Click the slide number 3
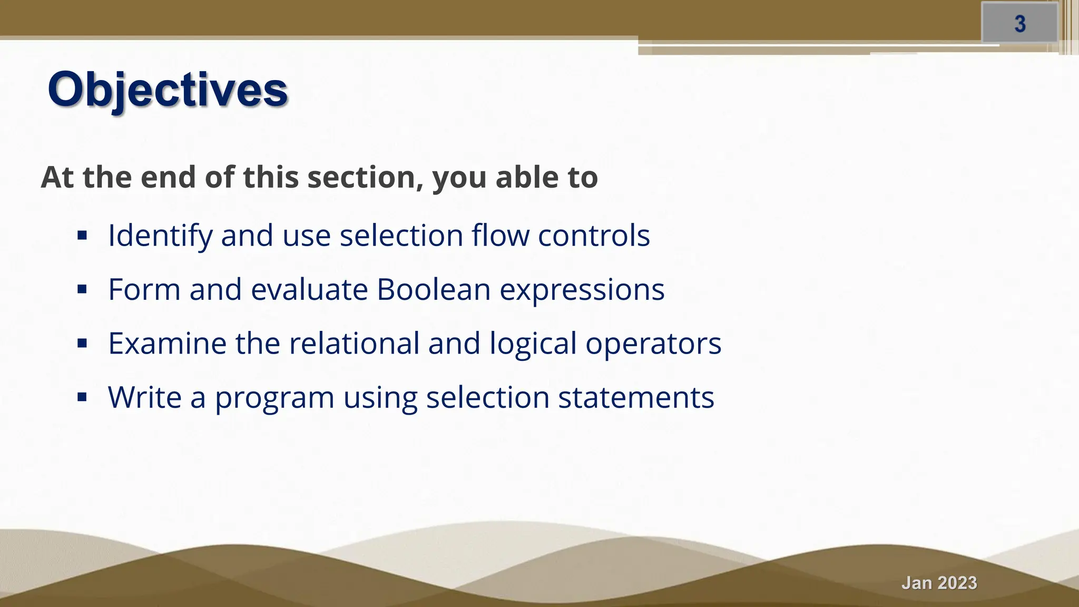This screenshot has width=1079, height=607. tap(1020, 24)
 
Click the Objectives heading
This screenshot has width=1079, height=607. tap(168, 90)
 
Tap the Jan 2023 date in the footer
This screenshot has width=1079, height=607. tap(939, 583)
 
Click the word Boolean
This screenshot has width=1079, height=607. tap(434, 289)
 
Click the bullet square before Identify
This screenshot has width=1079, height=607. tap(82, 235)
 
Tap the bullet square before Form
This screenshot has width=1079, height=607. tap(82, 289)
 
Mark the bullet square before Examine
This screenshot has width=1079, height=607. tap(82, 344)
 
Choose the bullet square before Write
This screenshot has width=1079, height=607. tap(82, 397)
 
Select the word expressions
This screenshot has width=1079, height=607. tap(582, 290)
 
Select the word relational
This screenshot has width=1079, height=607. tap(354, 344)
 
